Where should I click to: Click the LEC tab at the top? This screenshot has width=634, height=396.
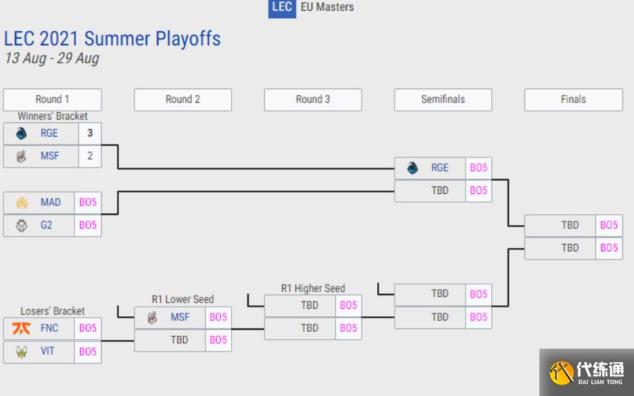282,7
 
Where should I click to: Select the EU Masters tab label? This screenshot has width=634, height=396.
326,7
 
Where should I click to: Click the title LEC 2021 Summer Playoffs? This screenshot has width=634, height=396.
112,39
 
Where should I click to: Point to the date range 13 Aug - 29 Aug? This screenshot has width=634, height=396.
52,58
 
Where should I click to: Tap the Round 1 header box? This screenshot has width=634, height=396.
52,99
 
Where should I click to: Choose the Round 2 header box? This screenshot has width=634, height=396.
182,99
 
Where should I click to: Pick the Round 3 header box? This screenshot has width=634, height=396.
313,99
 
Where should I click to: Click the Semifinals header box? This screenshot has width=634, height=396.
443,99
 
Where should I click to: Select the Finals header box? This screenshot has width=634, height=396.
573,99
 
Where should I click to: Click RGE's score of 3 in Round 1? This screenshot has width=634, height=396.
90,133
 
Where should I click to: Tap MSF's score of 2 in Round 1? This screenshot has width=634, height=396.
90,155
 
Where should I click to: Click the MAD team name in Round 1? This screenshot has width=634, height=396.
50,202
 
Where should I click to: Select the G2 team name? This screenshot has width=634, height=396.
46,225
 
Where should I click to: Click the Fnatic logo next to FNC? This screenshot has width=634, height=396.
22,328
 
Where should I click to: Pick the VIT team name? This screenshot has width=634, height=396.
47,351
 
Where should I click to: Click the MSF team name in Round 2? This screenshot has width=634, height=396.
180,317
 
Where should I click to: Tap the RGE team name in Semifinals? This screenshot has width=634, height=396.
439,168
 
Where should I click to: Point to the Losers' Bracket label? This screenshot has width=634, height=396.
53,311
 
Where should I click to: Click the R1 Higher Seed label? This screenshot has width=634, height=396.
313,289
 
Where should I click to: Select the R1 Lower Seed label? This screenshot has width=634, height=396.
182,299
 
